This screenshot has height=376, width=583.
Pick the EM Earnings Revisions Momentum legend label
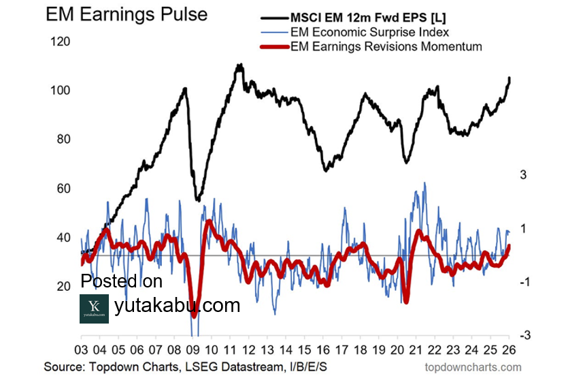click(x=386, y=46)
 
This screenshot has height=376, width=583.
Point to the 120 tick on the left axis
click(x=61, y=42)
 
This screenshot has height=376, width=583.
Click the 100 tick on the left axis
click(x=61, y=91)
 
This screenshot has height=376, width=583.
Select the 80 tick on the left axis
click(x=61, y=140)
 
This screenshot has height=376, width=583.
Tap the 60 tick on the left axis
click(x=61, y=189)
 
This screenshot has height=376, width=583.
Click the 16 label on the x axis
click(x=324, y=349)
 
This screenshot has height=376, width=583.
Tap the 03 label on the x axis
click(x=82, y=349)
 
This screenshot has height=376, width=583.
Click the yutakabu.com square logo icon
click(x=94, y=309)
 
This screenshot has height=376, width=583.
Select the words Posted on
click(x=122, y=281)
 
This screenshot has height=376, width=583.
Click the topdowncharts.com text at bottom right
click(x=473, y=367)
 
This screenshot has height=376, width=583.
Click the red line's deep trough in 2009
click(x=194, y=315)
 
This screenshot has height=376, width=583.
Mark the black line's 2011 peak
click(x=239, y=65)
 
